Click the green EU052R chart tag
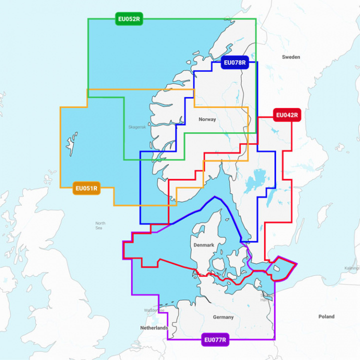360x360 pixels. click(129, 20)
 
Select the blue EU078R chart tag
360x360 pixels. click(234, 63)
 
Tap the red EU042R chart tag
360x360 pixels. click(286, 115)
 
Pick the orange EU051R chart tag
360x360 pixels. click(86, 188)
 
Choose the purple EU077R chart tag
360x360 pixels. click(215, 340)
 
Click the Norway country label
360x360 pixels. click(207, 119)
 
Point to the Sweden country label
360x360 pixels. click(291, 57)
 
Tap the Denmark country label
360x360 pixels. click(203, 245)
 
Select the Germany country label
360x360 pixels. click(223, 317)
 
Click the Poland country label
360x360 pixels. click(326, 316)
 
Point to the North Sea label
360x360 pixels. click(100, 225)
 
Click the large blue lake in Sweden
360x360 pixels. click(259, 178)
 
